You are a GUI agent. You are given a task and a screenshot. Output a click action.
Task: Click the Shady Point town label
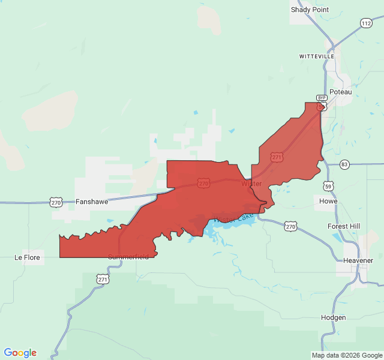click(x=310, y=10)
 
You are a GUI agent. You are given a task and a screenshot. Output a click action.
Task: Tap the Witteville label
click(x=317, y=56)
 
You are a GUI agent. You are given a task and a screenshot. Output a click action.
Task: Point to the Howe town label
click(x=328, y=201)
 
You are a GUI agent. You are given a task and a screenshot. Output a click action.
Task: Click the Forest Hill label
click(x=344, y=226)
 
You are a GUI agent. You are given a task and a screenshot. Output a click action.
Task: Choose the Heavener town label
click(x=358, y=260)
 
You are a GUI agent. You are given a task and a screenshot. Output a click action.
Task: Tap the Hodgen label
click(x=333, y=317)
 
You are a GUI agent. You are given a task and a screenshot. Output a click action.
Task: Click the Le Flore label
click(x=27, y=257)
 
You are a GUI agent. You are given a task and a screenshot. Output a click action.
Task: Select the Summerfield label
click(x=128, y=257)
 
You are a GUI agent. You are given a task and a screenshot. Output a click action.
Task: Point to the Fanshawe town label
click(x=92, y=202)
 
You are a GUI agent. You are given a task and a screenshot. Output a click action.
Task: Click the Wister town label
click(x=251, y=183)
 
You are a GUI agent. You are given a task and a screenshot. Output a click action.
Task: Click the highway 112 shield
click(x=366, y=23)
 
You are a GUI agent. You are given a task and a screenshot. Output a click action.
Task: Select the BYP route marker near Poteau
click(x=322, y=98)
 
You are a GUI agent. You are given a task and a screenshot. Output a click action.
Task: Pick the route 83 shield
click(x=344, y=164)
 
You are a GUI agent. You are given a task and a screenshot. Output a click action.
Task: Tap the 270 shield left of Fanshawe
click(x=56, y=202)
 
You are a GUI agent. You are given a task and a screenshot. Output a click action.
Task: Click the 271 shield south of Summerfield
click(x=103, y=279)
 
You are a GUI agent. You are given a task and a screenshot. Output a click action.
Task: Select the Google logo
click(x=20, y=353)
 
